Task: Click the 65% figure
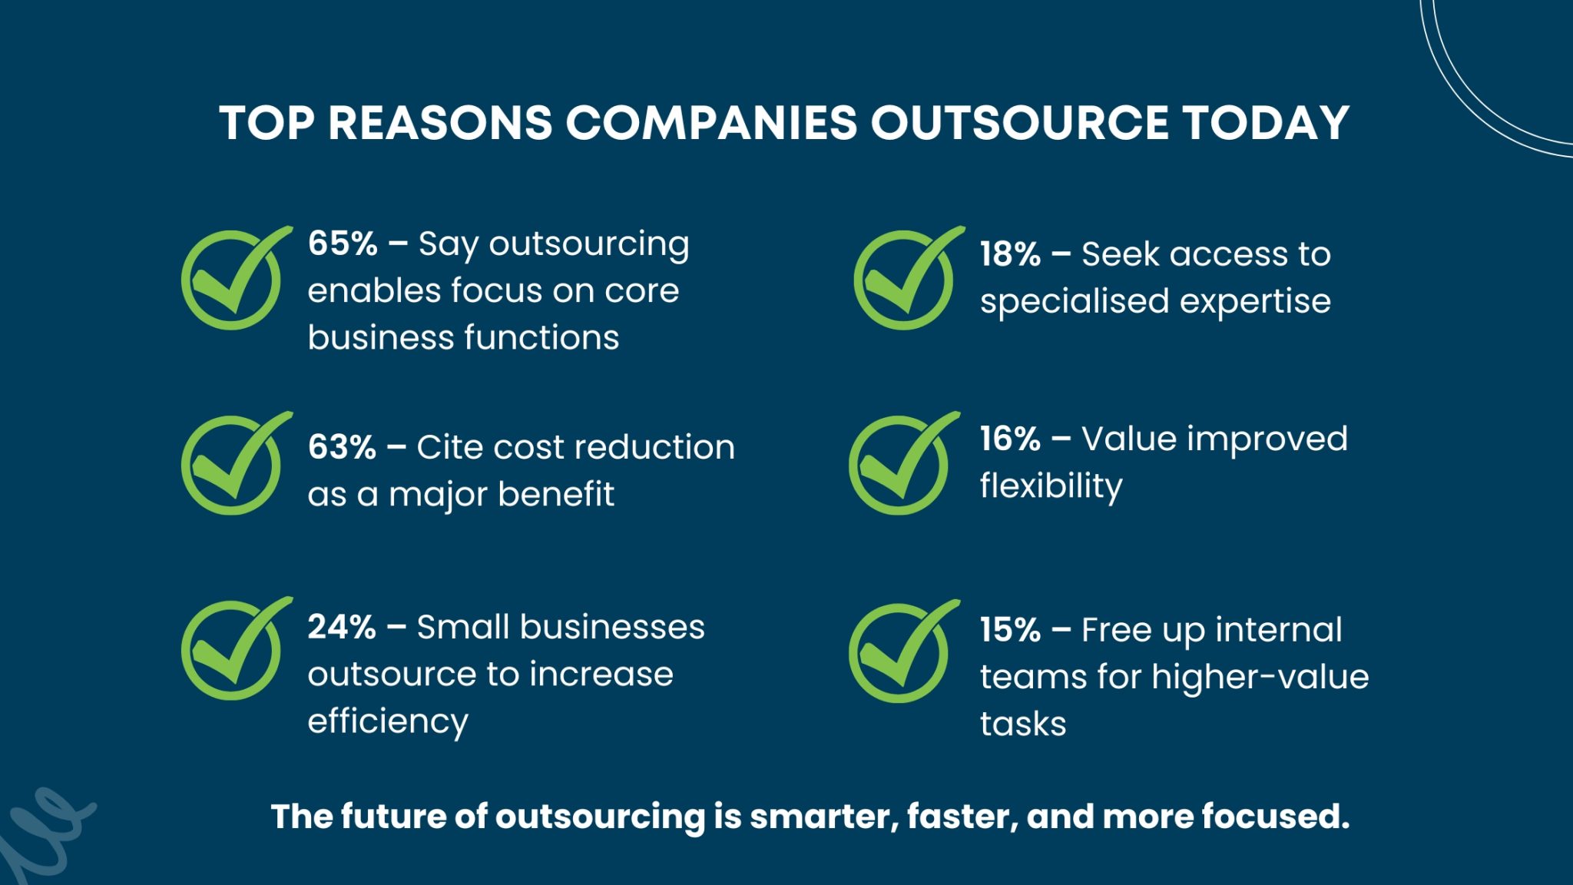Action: pyautogui.click(x=343, y=244)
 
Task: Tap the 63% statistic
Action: pyautogui.click(x=342, y=447)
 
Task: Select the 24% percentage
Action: pyautogui.click(x=342, y=627)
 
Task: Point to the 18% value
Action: pyautogui.click(x=1010, y=254)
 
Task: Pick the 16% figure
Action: pyautogui.click(x=1010, y=439)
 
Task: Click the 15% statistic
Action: pyautogui.click(x=1010, y=630)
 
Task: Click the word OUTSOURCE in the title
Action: pyautogui.click(x=1018, y=123)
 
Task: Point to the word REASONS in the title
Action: pyautogui.click(x=439, y=123)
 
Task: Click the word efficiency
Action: pyautogui.click(x=388, y=722)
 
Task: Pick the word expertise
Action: pyautogui.click(x=1255, y=302)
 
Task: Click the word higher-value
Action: pyautogui.click(x=1260, y=678)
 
